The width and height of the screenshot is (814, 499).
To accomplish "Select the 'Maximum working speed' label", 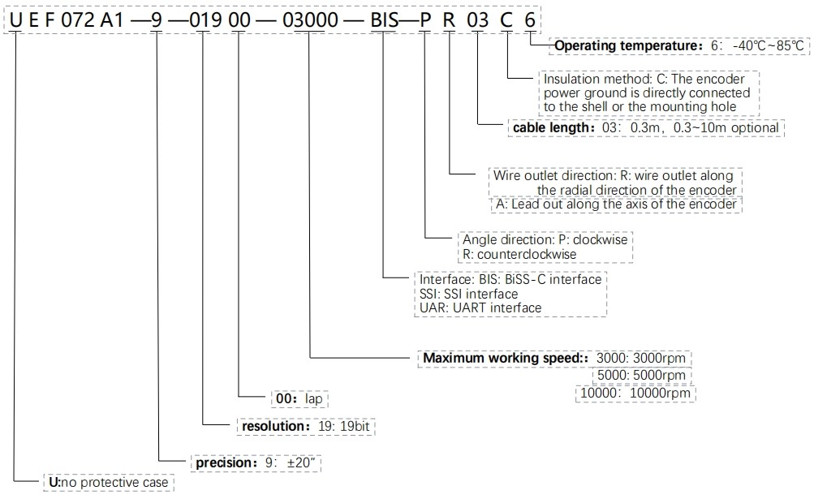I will tap(504, 357).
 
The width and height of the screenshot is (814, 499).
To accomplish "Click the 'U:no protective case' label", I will tap(108, 483).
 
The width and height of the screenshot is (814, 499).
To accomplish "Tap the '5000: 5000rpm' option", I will tap(642, 376).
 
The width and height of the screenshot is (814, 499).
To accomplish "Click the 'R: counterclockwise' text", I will tap(519, 254).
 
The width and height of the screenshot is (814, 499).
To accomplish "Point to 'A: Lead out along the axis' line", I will tap(618, 204).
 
